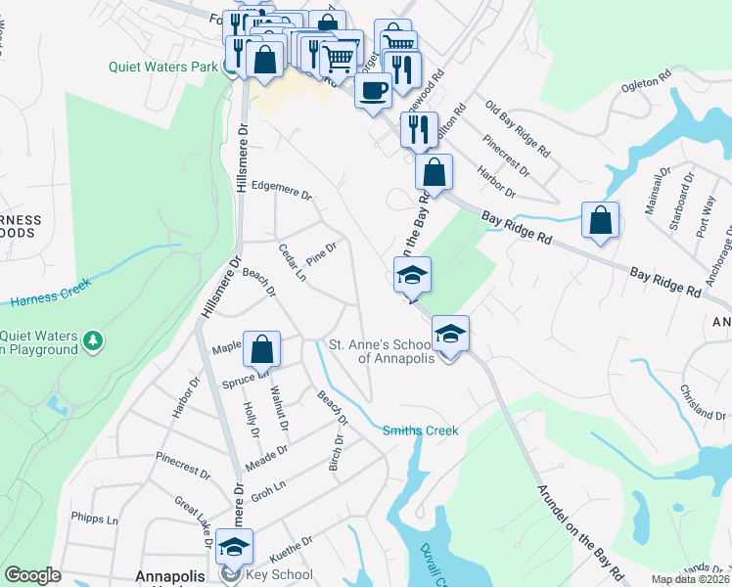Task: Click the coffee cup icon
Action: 371,91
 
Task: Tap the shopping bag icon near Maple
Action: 261,349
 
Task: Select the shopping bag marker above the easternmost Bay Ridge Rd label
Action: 600,219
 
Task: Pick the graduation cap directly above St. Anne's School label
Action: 450,334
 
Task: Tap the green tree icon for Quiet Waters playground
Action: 93,339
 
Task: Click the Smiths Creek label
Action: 421,429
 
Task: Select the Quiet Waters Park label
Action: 163,68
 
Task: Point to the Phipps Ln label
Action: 94,517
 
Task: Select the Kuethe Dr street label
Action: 287,541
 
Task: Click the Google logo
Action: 32,575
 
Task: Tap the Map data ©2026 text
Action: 690,579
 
